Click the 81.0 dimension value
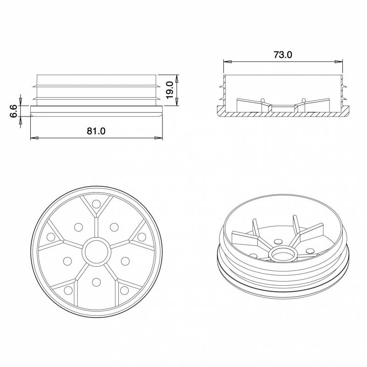click(96, 131)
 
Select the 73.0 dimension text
click(283, 54)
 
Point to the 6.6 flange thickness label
click(13, 111)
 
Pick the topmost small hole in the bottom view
click(96, 204)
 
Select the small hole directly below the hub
click(96, 281)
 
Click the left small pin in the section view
click(262, 100)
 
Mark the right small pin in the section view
click(303, 100)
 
